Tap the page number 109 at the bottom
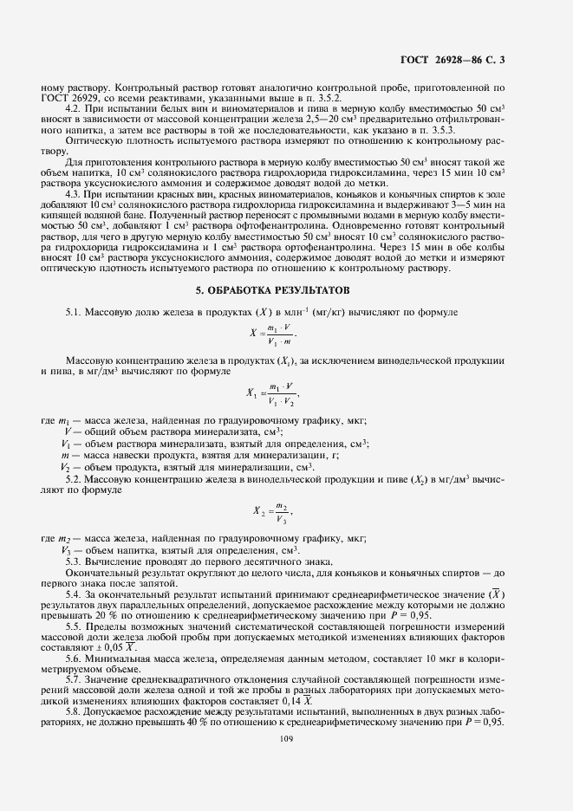pos(286,739)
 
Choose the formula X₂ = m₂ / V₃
pos(279,514)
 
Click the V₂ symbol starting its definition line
pos(65,467)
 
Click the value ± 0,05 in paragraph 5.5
pos(114,646)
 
